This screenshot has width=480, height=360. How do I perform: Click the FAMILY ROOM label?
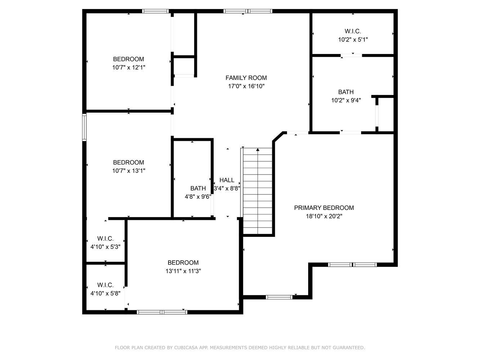pos(246,78)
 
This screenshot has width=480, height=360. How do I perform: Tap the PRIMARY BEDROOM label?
pos(324,208)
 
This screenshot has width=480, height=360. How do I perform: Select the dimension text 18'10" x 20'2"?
pos(324,216)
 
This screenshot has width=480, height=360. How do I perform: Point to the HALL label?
pos(227,180)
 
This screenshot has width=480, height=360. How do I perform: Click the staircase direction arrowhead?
pos(258,150)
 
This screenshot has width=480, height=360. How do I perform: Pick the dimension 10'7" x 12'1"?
pos(129,68)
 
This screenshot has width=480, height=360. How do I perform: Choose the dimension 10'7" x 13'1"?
pos(129,171)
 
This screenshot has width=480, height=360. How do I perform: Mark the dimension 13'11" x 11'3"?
pos(183,271)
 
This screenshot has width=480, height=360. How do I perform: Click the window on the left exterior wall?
pos(84,127)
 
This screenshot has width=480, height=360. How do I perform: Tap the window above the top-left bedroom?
pos(155,11)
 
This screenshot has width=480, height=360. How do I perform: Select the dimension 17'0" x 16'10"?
pos(246,86)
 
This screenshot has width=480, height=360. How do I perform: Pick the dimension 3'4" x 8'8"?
pos(227,188)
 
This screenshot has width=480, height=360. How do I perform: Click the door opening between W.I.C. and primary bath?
pos(351,55)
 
